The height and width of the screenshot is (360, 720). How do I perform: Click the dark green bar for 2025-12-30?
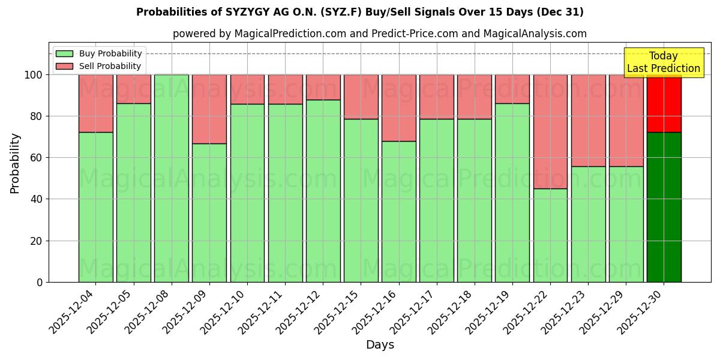point(664,207)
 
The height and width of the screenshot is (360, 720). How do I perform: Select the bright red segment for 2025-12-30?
point(664,103)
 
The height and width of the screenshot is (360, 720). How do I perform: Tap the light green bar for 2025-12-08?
point(172,178)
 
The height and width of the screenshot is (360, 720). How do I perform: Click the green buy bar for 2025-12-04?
point(96,207)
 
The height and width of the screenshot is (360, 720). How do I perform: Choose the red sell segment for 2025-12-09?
point(209,109)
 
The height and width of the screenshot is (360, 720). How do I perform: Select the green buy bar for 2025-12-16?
point(399,211)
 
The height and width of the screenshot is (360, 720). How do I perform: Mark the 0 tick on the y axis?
point(39,282)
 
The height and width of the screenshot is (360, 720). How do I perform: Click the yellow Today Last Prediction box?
point(663,62)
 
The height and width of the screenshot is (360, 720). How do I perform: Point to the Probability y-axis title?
point(15,163)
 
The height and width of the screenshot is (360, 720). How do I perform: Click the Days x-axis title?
point(380,345)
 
